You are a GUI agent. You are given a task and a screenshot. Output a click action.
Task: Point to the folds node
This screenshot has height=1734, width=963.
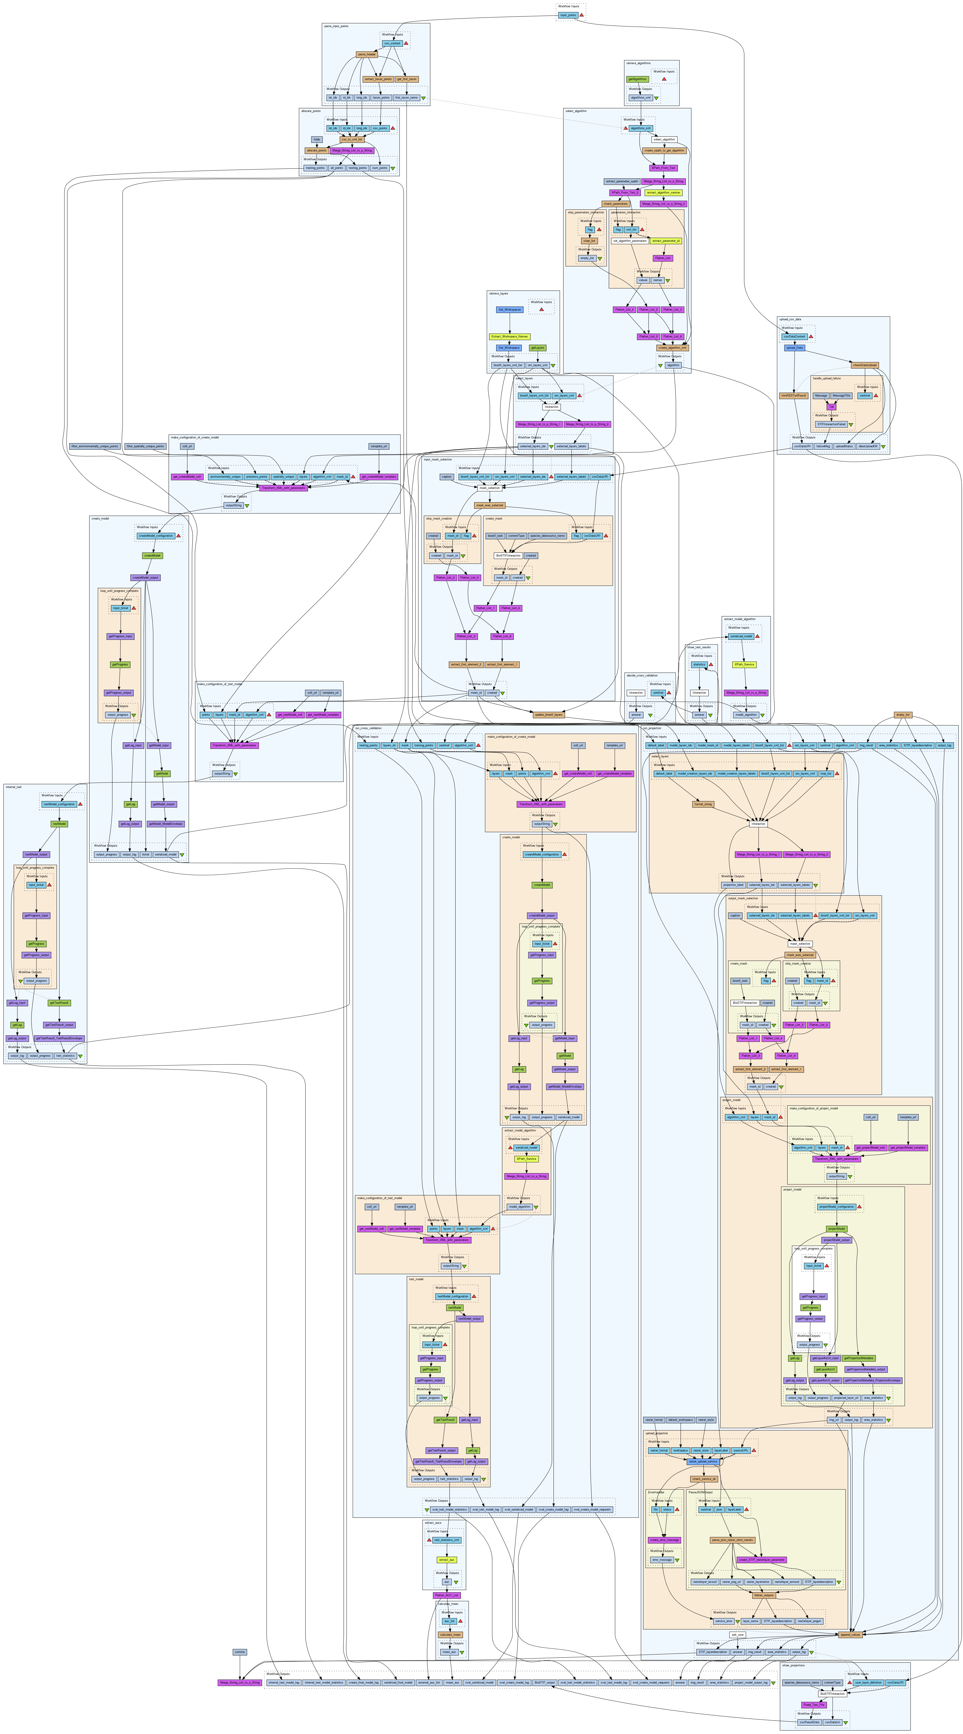[x=316, y=139]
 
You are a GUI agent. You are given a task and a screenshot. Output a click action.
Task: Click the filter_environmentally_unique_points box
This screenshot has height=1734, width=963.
[x=94, y=446]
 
